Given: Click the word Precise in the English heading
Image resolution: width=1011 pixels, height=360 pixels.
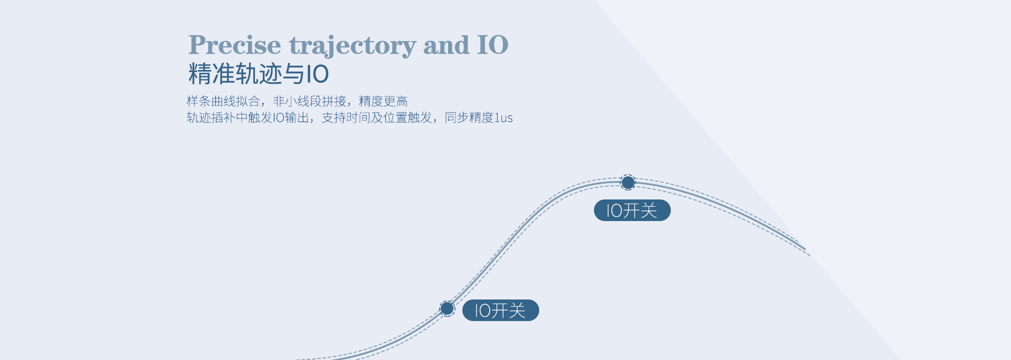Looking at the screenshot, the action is tap(235, 44).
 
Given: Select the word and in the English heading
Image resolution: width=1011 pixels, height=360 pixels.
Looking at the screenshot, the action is tap(446, 44).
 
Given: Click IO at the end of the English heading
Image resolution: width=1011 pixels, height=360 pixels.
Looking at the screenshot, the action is tap(493, 44).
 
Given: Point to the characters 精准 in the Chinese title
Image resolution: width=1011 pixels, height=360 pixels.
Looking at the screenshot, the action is tap(212, 74).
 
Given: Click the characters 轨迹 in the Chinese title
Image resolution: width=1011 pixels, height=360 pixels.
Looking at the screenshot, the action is tap(259, 74).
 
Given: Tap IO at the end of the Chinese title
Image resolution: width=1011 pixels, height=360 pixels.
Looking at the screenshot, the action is tap(318, 74).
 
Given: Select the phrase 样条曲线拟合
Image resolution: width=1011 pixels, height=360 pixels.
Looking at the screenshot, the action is tap(223, 101).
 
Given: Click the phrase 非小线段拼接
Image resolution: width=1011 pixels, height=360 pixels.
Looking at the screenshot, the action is tap(310, 101).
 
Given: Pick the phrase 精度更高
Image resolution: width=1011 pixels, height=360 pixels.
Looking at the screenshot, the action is tap(383, 101).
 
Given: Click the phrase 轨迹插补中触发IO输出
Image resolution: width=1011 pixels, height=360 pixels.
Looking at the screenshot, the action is tap(248, 117).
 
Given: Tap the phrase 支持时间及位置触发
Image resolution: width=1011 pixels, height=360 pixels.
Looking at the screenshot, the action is tap(377, 117).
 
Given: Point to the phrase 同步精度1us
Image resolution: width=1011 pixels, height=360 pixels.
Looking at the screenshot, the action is tap(479, 117).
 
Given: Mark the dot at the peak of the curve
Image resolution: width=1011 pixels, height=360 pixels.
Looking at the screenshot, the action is tap(628, 183).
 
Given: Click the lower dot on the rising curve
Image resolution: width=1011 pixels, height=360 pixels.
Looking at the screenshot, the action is tap(447, 308).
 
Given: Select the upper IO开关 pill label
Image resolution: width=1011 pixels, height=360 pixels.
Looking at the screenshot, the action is tap(632, 211).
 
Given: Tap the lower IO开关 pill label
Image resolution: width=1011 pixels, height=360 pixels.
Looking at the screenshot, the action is tap(500, 311).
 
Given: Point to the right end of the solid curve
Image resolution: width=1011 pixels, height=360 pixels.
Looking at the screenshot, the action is tap(806, 249).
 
